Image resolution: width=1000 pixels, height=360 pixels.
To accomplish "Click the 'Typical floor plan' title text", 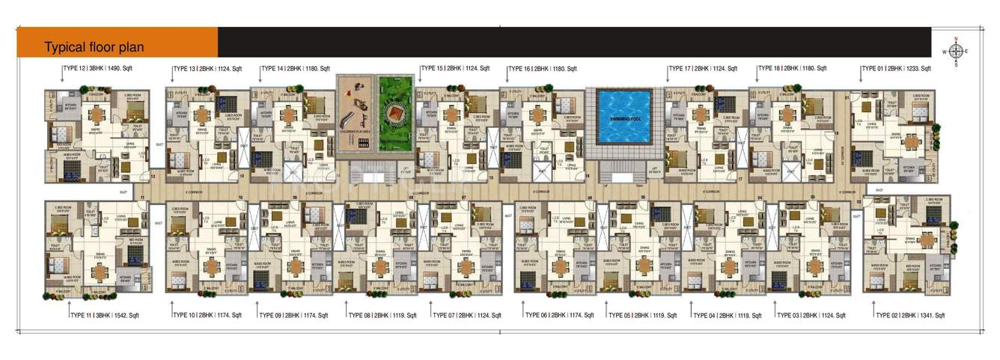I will pos(94,47).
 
